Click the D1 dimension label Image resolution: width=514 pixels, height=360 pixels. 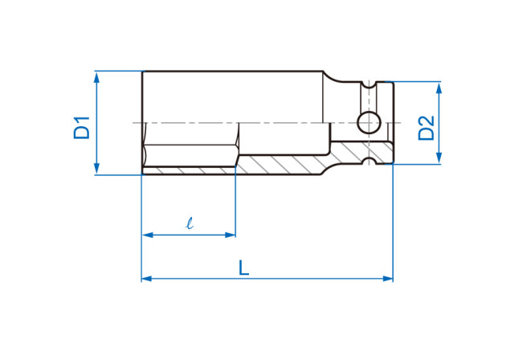point(81,128)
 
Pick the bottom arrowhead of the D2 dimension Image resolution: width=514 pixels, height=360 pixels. point(439,161)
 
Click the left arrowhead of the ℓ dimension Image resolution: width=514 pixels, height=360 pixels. point(146,235)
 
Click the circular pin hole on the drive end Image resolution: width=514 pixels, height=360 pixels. point(369,123)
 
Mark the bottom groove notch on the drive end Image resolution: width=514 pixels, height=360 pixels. point(369,162)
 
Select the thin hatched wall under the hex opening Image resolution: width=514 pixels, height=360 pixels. point(189,171)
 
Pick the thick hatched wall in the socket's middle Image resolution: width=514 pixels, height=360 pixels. point(281,165)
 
